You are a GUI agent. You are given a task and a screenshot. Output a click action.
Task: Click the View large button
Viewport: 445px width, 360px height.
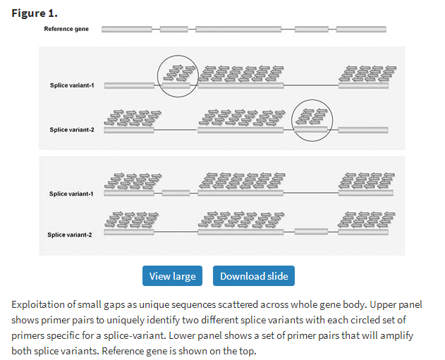tap(172, 275)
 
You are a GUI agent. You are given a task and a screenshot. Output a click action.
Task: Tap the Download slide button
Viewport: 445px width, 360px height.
tap(254, 275)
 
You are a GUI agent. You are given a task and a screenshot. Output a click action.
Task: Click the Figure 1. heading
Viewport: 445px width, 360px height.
tap(35, 13)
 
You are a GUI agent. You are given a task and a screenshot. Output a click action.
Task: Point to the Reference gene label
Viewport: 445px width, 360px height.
tap(66, 29)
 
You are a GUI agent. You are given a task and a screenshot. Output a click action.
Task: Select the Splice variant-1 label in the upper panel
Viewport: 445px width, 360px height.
tap(72, 85)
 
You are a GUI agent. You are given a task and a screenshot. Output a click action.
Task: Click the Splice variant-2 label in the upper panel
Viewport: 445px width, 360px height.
tap(72, 130)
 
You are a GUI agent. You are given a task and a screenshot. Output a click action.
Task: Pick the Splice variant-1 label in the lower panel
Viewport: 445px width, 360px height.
tap(71, 194)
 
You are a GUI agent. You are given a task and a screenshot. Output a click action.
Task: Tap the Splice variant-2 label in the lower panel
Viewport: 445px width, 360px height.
tap(70, 235)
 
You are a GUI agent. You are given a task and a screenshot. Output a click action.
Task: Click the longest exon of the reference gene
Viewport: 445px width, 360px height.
tap(238, 29)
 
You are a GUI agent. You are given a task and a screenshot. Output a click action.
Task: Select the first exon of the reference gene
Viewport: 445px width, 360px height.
tap(127, 29)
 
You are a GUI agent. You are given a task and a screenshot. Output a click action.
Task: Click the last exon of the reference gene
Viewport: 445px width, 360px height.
tap(361, 29)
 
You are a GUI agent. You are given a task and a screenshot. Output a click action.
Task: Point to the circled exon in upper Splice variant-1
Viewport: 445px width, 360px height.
tap(176, 85)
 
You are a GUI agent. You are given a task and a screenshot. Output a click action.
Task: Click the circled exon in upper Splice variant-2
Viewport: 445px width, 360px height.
tap(311, 130)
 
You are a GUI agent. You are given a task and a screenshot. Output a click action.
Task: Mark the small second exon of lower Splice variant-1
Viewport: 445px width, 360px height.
tap(176, 193)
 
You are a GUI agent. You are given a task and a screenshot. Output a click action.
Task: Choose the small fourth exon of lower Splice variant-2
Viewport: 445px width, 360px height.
tap(311, 232)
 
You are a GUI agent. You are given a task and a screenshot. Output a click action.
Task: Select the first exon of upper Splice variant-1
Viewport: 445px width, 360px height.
tap(129, 85)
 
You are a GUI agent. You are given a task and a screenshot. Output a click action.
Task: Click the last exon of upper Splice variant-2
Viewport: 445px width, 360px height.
tap(363, 130)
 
